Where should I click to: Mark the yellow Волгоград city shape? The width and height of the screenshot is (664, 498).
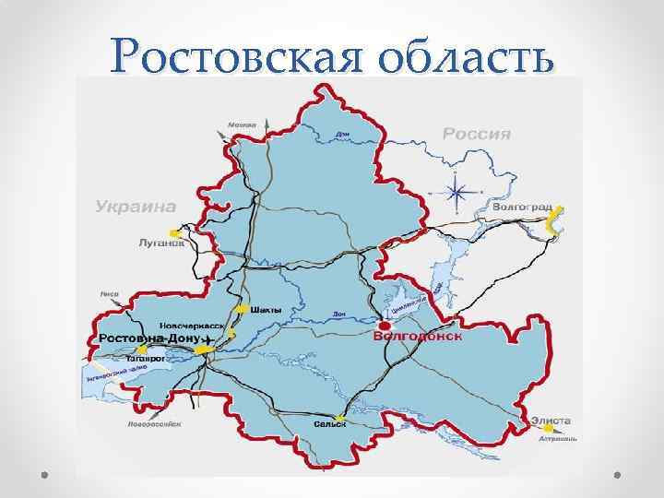(x=552, y=221)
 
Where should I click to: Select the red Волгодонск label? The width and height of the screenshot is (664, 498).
(x=417, y=337)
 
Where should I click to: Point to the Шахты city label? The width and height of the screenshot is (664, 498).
(x=267, y=309)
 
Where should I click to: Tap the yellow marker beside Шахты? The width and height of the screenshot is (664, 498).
(x=242, y=309)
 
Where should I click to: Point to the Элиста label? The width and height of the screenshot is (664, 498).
(x=551, y=421)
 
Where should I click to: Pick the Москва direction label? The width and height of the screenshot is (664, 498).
(x=242, y=125)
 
